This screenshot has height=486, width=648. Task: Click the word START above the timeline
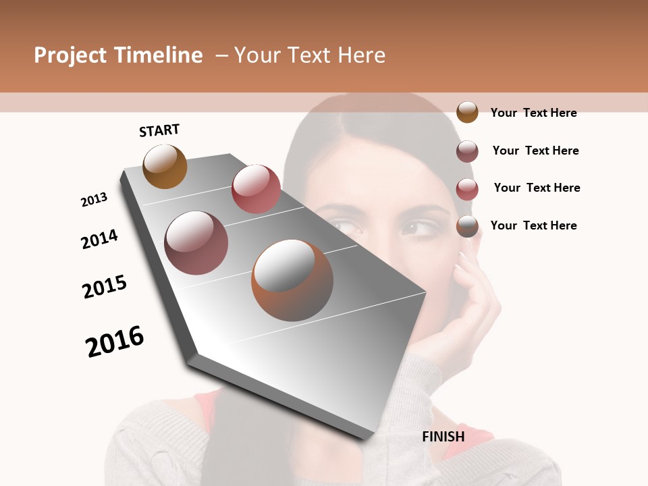point(159,130)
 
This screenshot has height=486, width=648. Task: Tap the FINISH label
point(443,437)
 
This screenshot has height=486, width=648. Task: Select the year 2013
point(94,200)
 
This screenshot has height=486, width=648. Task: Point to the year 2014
point(99,239)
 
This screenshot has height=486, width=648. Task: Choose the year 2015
point(105,287)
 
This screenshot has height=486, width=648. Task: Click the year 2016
point(115,341)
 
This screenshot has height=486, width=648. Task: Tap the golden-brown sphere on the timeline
point(165,166)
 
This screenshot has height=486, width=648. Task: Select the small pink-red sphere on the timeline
point(256,188)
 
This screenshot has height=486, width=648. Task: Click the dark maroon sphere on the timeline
point(196,243)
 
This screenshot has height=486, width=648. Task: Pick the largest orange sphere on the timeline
point(292,280)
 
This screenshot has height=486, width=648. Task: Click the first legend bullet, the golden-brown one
point(467,112)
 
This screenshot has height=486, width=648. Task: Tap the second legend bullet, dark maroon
point(467,151)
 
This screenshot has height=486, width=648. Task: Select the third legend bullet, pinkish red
point(467,188)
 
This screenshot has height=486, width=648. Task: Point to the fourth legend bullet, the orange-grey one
point(467,226)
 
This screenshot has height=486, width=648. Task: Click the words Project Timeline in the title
point(118,55)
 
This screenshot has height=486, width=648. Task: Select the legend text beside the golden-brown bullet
point(533,113)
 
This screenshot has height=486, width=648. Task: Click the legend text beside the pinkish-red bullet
point(537,188)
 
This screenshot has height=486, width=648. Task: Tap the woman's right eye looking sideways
point(419,229)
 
